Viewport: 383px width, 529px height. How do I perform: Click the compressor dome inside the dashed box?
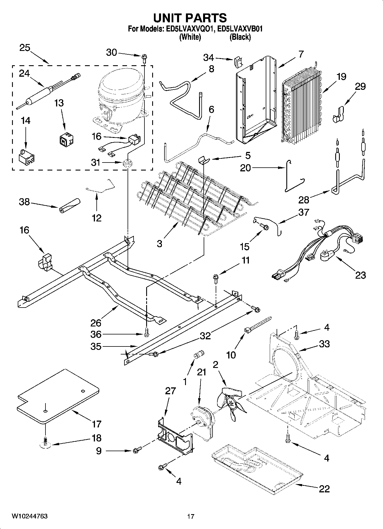tap(120, 86)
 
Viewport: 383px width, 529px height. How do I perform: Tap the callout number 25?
tap(25, 48)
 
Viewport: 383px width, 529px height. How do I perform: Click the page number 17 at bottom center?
tap(191, 516)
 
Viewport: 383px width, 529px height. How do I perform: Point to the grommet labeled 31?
tap(127, 164)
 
